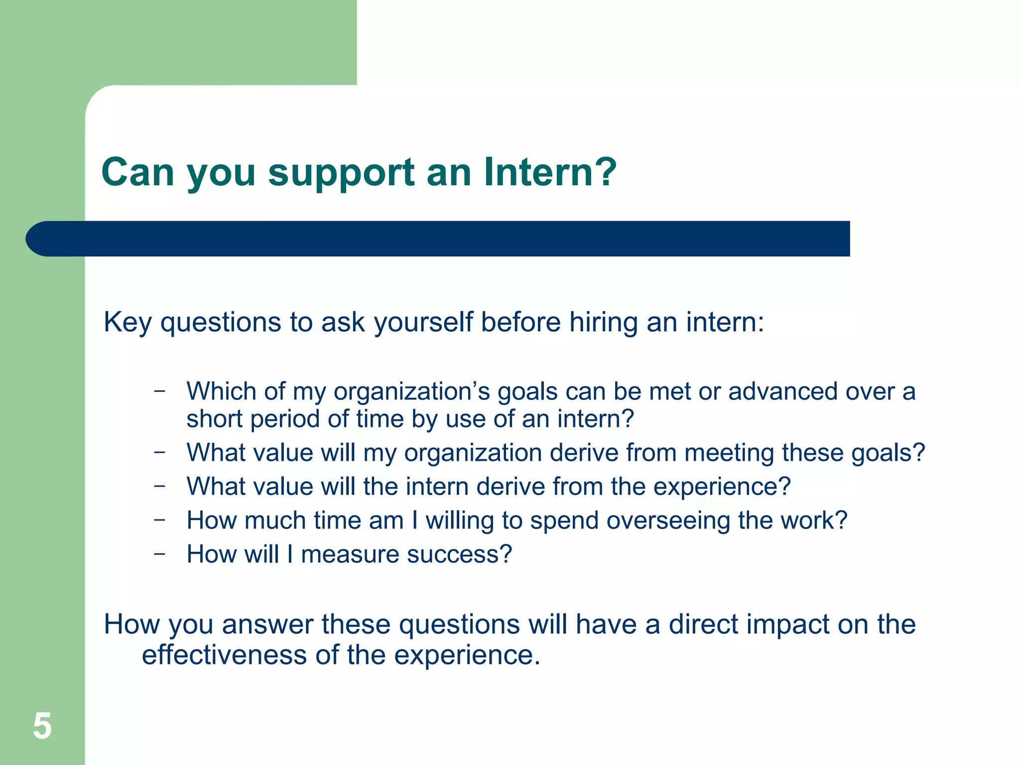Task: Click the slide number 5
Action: [x=42, y=726]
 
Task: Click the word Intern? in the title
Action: [x=550, y=172]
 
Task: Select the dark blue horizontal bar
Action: [x=438, y=239]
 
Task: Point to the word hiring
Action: [x=603, y=323]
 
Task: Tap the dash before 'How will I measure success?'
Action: [x=159, y=553]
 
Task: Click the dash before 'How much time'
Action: [x=159, y=519]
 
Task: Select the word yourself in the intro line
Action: [x=423, y=323]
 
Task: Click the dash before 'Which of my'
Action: [x=159, y=390]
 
